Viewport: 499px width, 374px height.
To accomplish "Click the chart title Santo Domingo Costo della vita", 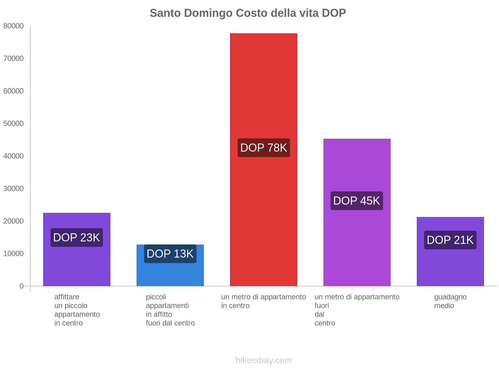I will pos(248,13).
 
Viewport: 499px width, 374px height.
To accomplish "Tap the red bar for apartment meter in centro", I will pos(263,93).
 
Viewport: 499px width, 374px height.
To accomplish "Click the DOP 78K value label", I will pos(264,148).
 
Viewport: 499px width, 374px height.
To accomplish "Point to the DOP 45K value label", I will pos(356,201).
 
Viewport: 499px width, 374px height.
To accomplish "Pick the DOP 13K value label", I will pos(170,254).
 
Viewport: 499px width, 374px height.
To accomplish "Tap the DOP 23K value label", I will pos(76,237).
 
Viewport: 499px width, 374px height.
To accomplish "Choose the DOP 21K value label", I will pos(450,240).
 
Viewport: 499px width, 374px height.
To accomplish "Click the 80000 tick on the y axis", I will pos(13,26).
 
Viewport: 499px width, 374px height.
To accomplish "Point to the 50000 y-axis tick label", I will pos(13,124).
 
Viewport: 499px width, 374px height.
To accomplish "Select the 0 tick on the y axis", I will pos(22,286).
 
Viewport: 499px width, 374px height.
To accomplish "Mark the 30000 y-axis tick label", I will pos(13,189).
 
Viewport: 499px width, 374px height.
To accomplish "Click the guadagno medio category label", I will pos(450,301).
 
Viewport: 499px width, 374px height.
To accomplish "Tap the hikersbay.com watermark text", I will pos(264,360).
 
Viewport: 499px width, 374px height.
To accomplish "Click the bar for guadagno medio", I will pos(450,268).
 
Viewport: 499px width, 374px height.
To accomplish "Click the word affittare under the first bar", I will pos(67,297).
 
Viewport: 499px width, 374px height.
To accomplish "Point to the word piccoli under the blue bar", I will pos(156,297).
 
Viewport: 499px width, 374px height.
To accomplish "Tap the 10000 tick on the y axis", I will pos(13,254).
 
